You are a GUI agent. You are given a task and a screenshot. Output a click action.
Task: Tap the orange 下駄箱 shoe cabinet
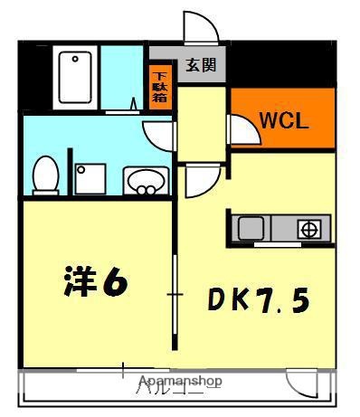tap(160, 88)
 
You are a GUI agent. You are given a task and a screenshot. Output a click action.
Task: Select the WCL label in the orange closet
tap(284, 120)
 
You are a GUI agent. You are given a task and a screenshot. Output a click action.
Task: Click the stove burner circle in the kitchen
tap(308, 229)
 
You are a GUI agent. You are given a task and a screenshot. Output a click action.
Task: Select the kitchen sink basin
tap(251, 229)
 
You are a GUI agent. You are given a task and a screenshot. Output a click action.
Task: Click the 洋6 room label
tap(95, 283)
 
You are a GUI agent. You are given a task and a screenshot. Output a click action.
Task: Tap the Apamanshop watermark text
tap(180, 382)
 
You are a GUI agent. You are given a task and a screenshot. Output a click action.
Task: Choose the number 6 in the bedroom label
tap(115, 283)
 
